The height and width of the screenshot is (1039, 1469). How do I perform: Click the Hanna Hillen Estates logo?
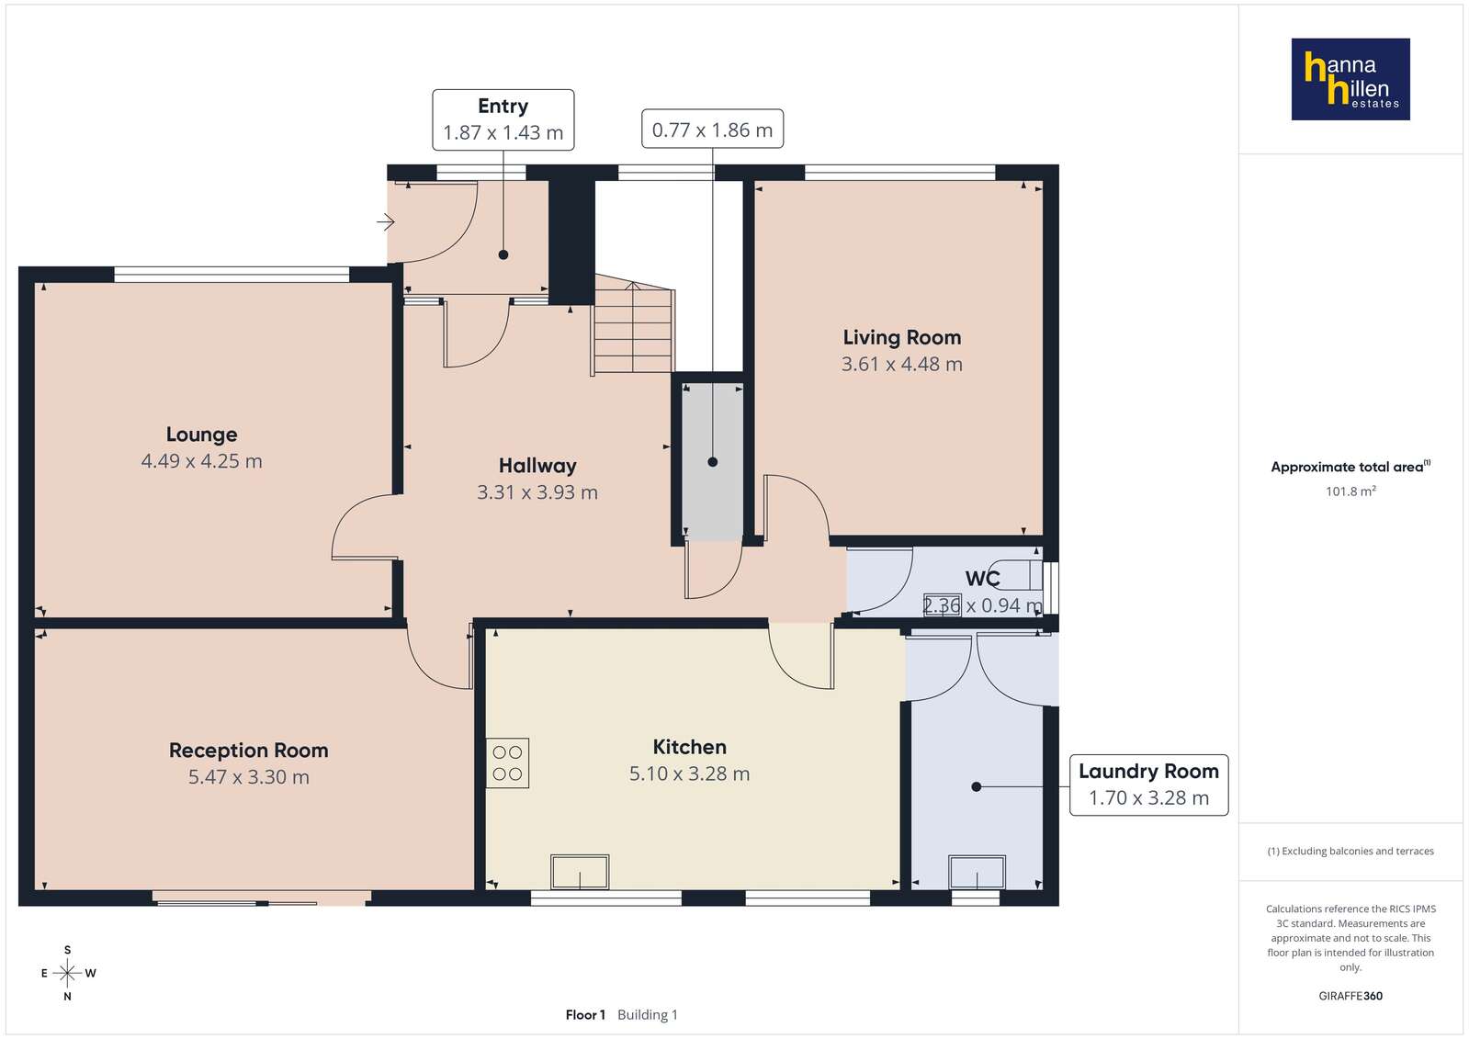click(1350, 79)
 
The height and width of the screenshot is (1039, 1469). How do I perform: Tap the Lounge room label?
click(201, 435)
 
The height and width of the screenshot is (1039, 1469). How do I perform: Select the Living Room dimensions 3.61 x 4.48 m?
click(902, 364)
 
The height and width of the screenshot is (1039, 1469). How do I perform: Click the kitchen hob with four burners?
click(508, 763)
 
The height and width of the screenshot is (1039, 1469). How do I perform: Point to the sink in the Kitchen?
click(580, 872)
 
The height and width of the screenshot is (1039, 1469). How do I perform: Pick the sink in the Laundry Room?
click(977, 873)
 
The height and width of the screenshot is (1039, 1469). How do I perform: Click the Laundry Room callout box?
click(1149, 785)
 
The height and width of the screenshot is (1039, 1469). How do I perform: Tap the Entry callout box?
click(503, 120)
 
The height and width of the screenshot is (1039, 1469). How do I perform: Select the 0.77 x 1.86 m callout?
click(712, 130)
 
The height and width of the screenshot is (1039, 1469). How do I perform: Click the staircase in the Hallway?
click(634, 325)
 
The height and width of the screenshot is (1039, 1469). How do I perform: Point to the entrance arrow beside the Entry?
click(386, 222)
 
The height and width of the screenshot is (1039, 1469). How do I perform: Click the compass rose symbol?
click(67, 973)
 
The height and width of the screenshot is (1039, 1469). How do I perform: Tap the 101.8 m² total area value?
click(1350, 491)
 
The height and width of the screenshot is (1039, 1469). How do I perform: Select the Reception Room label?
click(249, 751)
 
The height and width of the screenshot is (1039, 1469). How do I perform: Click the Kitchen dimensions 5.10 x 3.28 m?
click(689, 774)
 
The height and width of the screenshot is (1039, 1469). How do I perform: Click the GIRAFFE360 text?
click(1350, 996)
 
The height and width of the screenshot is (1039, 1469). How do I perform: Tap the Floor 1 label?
click(585, 1015)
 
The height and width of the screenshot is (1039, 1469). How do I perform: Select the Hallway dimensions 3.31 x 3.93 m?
click(537, 492)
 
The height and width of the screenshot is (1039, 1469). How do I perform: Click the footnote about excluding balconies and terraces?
click(1350, 852)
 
